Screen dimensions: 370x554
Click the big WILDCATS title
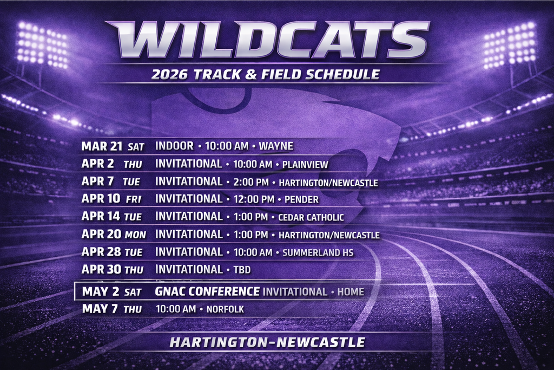click(x=267, y=40)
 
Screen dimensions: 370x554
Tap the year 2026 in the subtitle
click(x=169, y=75)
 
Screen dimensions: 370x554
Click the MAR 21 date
click(x=101, y=146)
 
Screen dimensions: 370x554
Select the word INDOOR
click(x=174, y=146)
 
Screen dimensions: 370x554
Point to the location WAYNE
click(x=276, y=146)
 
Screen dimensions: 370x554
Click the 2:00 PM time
click(x=251, y=183)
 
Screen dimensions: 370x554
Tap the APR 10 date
click(x=101, y=199)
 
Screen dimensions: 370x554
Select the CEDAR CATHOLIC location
click(x=311, y=218)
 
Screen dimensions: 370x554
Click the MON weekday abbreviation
click(x=135, y=236)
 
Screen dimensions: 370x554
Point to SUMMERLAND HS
click(x=318, y=253)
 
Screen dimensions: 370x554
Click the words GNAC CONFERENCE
click(x=207, y=291)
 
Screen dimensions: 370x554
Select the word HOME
click(x=351, y=292)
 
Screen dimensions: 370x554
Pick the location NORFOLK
click(x=225, y=310)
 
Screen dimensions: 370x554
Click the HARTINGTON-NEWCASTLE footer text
click(x=267, y=342)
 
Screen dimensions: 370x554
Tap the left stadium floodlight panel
click(x=42, y=45)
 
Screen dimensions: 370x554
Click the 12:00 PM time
click(x=253, y=200)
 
